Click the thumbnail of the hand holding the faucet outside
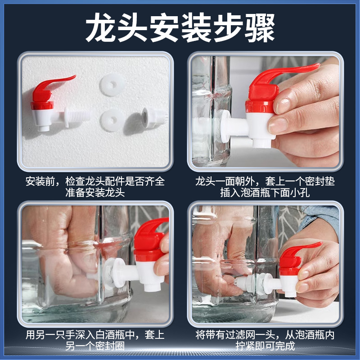click(264, 110)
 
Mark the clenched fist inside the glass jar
click(63, 261)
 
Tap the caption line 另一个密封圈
click(94, 346)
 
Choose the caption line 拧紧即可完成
click(265, 346)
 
